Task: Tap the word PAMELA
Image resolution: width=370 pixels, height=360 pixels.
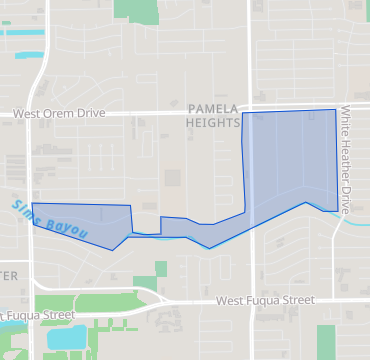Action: [x=213, y=108]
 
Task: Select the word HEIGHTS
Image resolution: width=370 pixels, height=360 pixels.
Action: [x=213, y=122]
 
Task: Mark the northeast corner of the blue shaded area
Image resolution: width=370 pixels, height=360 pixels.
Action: [x=335, y=110]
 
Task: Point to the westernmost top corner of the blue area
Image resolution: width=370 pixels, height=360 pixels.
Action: [x=33, y=203]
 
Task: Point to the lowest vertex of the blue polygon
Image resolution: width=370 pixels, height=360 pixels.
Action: [x=208, y=248]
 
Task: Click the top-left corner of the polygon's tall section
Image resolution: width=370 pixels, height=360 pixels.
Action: [x=243, y=113]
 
